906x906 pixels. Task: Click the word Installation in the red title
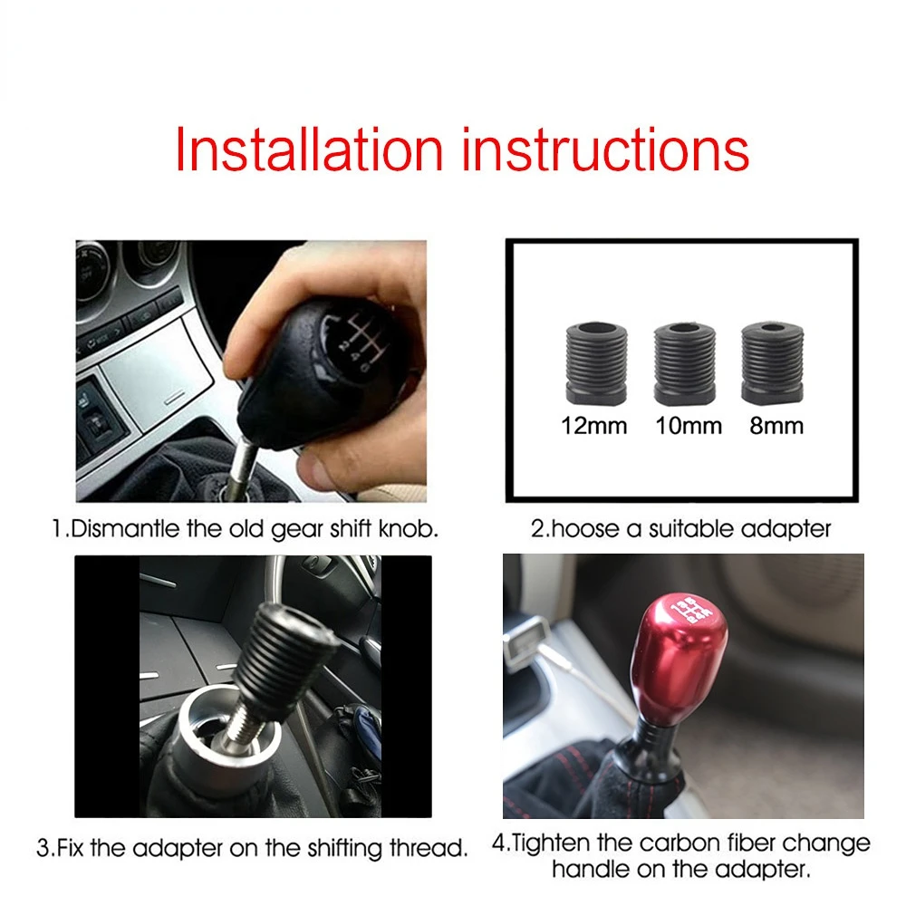tap(309, 149)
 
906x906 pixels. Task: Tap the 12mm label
tap(594, 427)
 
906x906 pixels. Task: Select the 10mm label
tap(689, 427)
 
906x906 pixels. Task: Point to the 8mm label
tap(776, 427)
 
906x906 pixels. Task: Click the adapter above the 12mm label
tap(596, 363)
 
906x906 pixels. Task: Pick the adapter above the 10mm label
tap(685, 364)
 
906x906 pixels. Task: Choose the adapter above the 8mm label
tap(772, 363)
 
